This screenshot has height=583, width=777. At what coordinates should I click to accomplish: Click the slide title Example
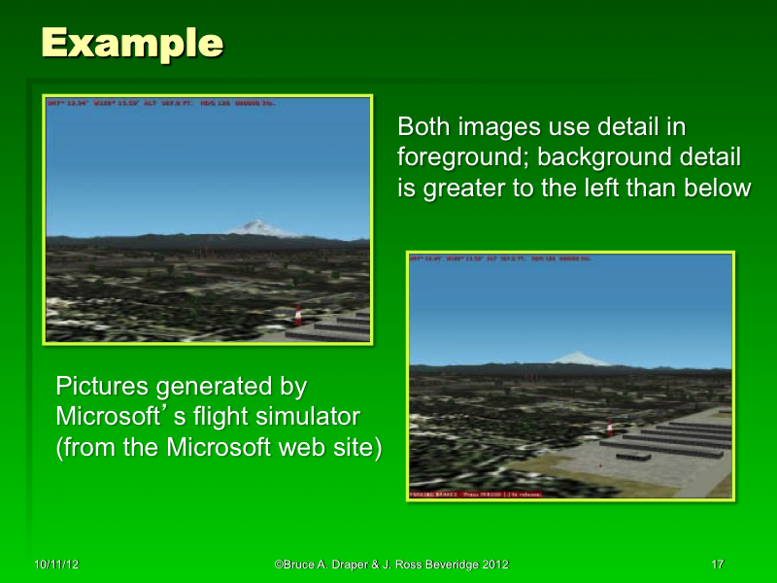point(132,43)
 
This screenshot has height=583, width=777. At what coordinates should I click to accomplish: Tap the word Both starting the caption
point(424,127)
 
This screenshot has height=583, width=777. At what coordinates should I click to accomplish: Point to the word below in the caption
point(718,189)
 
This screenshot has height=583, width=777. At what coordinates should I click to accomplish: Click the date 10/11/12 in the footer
point(56,565)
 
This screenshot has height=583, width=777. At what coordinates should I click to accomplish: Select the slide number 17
point(718,565)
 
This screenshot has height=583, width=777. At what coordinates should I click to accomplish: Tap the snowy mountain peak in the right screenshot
point(581,360)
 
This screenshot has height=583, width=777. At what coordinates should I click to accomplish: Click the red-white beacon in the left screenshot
point(299,316)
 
